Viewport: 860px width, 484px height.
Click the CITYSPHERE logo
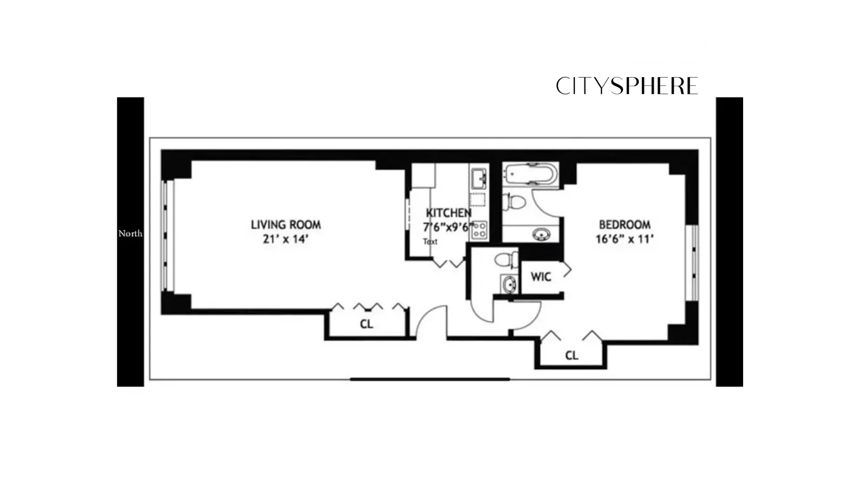[x=627, y=86]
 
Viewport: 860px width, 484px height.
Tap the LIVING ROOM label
[x=286, y=225]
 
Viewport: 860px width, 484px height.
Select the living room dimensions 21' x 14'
[x=286, y=239]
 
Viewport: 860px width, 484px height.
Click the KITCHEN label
[x=448, y=213]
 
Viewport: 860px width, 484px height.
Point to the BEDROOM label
[x=624, y=225]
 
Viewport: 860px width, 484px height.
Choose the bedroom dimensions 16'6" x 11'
[x=624, y=239]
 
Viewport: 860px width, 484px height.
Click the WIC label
[x=541, y=277]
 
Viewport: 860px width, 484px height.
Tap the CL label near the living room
[x=366, y=324]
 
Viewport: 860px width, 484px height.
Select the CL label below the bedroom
[x=572, y=355]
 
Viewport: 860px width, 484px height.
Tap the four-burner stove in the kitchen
[x=479, y=230]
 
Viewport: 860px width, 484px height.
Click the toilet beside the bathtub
[x=514, y=202]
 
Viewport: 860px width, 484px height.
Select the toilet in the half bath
[x=506, y=260]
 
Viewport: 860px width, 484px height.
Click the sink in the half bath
[x=508, y=284]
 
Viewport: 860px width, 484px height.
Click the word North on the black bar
[x=130, y=233]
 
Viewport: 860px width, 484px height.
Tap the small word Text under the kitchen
[x=430, y=242]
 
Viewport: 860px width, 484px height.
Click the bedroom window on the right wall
[x=692, y=263]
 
